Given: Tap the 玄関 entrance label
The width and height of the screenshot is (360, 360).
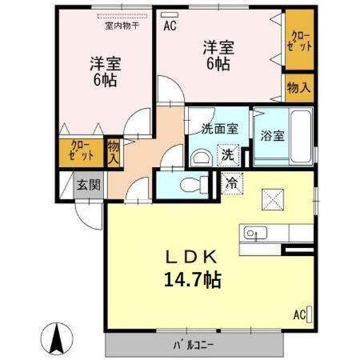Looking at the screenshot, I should pyautogui.click(x=88, y=184).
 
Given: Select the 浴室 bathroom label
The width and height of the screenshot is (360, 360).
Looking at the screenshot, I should pyautogui.click(x=271, y=135).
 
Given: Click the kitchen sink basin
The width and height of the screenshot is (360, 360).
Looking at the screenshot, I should pyautogui.click(x=252, y=234).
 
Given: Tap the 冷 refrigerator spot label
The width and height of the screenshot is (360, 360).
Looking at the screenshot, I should pyautogui.click(x=232, y=182).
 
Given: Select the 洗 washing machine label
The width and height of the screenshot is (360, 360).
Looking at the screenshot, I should pyautogui.click(x=229, y=154).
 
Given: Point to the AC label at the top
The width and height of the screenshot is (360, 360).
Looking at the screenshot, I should pyautogui.click(x=170, y=26).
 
